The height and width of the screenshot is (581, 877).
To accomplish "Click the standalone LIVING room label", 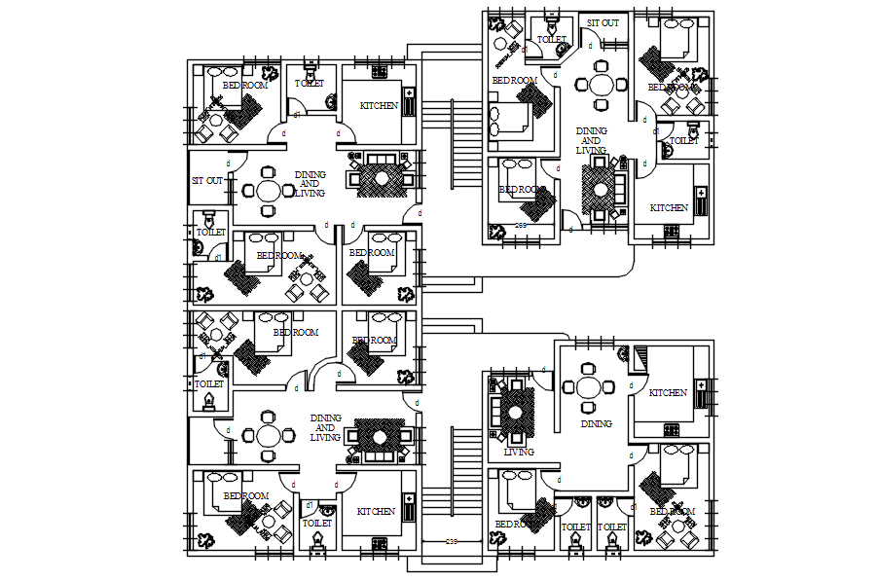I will coord(520,452).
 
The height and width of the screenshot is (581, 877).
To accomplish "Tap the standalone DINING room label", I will coord(597,423).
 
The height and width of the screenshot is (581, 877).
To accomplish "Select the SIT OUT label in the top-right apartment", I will coord(602,22).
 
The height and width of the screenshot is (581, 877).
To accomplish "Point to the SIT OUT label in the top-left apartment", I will coord(207,181).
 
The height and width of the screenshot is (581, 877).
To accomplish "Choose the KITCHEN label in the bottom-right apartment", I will coord(668,393).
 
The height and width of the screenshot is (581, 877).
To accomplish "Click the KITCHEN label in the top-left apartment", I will coord(379,105).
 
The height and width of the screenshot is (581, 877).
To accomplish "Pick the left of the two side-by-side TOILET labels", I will coord(575,527).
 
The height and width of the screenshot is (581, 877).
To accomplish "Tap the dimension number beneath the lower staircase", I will coord(452,541).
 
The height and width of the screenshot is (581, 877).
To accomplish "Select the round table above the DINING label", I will coord(589,386).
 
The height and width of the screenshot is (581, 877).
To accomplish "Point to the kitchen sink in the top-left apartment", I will coord(409,102).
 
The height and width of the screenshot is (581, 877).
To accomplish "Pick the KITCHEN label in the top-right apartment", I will coord(669,208).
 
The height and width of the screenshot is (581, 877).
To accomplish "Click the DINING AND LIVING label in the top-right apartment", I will coord(591,140).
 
